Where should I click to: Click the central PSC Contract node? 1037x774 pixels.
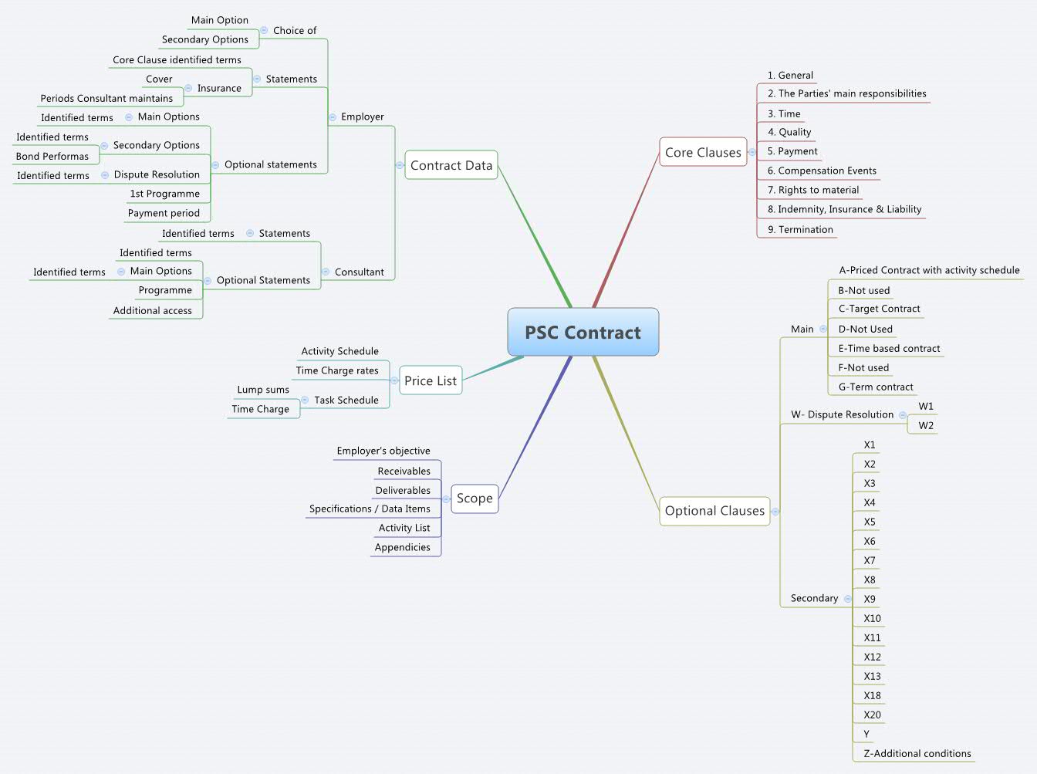click(x=583, y=333)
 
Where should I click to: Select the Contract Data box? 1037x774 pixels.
click(x=451, y=165)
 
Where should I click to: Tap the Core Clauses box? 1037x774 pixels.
click(x=702, y=153)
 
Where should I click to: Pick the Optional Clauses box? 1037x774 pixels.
click(x=714, y=511)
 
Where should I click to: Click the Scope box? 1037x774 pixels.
click(x=475, y=499)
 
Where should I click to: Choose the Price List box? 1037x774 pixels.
click(x=430, y=380)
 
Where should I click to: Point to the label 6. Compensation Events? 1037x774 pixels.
click(x=822, y=171)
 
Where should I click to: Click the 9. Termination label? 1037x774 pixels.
click(x=800, y=229)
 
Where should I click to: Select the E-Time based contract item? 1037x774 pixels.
click(x=889, y=348)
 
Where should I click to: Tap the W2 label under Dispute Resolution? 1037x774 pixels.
click(x=926, y=425)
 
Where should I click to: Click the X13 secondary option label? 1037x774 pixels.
click(x=872, y=676)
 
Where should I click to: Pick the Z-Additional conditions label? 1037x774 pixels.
click(x=917, y=753)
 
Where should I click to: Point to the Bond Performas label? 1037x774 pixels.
click(x=52, y=156)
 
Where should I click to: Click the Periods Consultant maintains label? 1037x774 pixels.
click(x=106, y=98)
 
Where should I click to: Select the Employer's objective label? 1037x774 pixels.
click(x=383, y=451)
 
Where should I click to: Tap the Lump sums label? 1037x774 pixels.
click(x=263, y=390)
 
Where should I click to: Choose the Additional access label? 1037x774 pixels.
click(x=153, y=310)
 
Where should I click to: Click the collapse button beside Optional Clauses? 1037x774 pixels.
click(x=775, y=511)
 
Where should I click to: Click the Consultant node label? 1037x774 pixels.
click(x=359, y=272)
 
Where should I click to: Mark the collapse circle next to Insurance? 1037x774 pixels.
click(x=188, y=88)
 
